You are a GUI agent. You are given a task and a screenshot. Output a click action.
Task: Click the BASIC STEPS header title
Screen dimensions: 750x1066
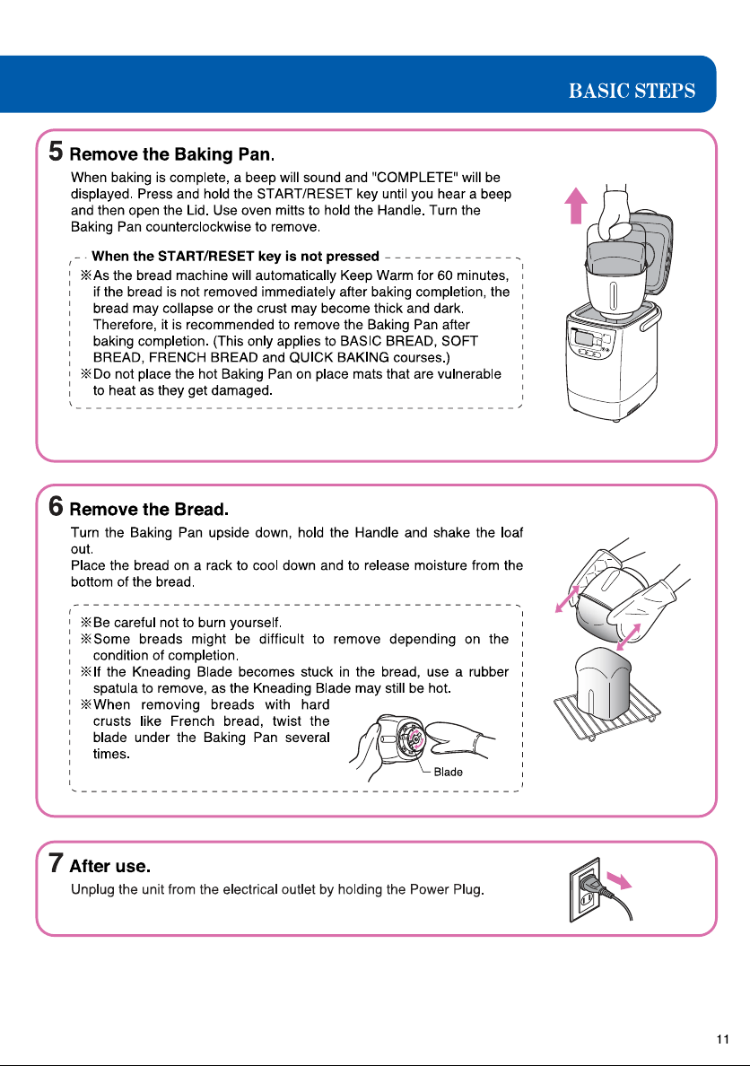632,92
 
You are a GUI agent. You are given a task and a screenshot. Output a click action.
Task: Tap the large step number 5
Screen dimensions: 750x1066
56,151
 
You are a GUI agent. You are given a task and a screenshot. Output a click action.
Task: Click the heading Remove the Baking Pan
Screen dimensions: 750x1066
172,154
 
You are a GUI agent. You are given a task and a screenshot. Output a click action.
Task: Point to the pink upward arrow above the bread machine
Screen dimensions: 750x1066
576,205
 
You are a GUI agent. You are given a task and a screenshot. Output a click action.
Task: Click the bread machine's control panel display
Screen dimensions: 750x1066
585,337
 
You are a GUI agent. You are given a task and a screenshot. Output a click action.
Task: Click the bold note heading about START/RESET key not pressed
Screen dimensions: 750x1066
235,257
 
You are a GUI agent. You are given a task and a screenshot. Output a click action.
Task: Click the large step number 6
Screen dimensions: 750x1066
56,506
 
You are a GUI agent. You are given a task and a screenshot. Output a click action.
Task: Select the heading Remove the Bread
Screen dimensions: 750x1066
149,509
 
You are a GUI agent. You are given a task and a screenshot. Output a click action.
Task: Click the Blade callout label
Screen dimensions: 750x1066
448,772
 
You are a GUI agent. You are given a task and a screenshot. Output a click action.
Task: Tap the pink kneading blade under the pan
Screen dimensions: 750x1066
416,739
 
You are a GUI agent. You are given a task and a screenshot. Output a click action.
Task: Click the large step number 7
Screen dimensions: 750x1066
56,862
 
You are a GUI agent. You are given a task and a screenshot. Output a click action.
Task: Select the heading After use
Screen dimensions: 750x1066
110,866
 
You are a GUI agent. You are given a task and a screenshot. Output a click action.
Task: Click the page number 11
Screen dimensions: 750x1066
723,1039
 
